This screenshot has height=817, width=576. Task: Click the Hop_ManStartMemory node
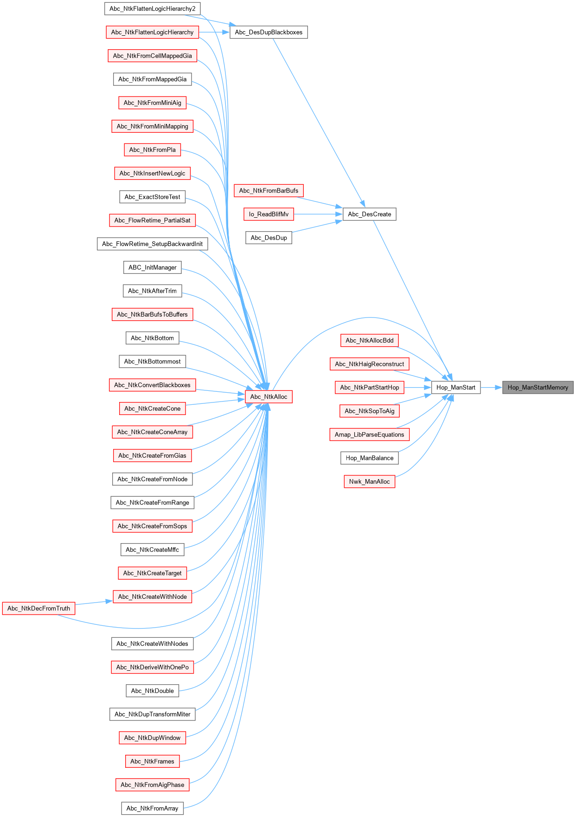click(538, 388)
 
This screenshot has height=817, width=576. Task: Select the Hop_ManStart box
click(455, 388)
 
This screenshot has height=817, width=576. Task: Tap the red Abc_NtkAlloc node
click(269, 397)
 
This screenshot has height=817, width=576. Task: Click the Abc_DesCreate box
click(369, 214)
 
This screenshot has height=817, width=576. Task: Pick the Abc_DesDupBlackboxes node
click(269, 32)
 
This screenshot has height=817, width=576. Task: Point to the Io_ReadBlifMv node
click(269, 214)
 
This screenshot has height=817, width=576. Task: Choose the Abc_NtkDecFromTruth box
click(38, 609)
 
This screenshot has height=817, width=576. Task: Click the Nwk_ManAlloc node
click(369, 482)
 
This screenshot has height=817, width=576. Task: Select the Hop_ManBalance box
click(369, 458)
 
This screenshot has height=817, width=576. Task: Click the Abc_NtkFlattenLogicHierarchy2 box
click(152, 9)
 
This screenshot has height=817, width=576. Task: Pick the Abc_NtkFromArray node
click(152, 809)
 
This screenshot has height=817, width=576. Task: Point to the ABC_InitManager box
click(152, 268)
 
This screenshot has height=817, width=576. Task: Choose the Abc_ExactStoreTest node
click(152, 197)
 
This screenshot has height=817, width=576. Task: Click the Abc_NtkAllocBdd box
click(369, 341)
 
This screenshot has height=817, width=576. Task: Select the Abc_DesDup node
click(269, 238)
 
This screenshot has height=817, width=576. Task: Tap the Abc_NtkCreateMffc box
click(152, 550)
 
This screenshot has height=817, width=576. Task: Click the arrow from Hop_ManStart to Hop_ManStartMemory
click(491, 388)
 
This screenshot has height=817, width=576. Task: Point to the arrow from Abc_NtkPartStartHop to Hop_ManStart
click(417, 388)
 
